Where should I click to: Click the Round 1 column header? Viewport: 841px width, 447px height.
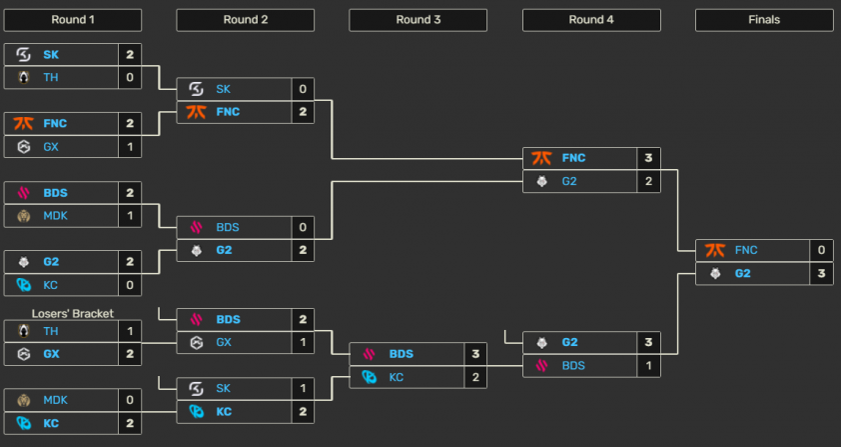tap(72, 20)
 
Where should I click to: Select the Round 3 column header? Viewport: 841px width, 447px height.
tap(418, 20)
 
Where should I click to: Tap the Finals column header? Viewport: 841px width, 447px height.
tap(763, 20)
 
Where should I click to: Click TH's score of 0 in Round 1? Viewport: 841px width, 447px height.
tap(130, 76)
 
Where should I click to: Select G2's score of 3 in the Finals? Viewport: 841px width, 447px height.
tap(821, 273)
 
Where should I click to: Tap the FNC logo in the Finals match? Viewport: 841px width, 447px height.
tap(715, 250)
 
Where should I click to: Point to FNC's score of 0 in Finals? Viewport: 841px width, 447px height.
tap(821, 250)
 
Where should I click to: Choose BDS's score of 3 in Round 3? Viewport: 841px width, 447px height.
tap(475, 354)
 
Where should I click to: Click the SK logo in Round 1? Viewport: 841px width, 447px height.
tap(24, 54)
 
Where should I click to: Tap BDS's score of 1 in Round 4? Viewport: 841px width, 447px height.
tap(648, 365)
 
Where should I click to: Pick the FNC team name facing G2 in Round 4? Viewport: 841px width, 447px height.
tap(573, 158)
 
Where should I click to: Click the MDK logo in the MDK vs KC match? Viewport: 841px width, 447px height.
tap(24, 400)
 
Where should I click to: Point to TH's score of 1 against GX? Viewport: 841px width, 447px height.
tap(130, 331)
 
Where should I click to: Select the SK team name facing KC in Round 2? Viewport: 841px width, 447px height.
tap(225, 388)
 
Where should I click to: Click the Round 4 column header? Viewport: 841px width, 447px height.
tap(590, 20)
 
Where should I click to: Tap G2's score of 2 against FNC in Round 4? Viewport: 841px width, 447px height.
tap(648, 181)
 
